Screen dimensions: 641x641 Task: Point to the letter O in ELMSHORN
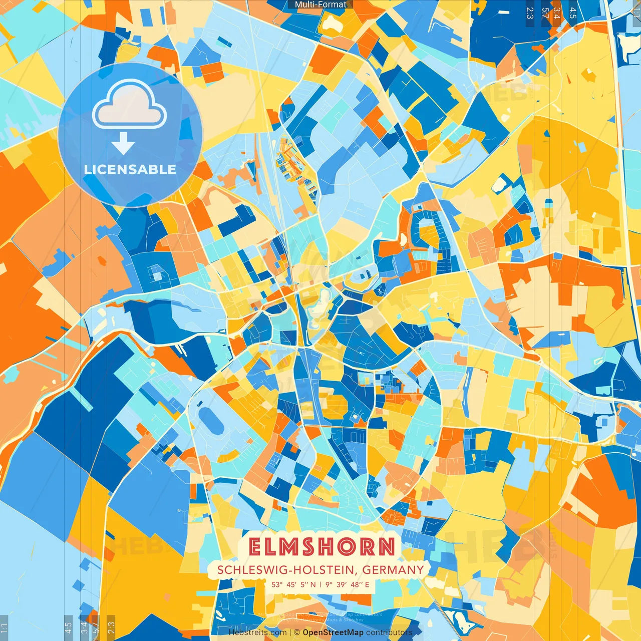354,547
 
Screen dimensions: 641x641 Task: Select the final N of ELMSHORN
386,547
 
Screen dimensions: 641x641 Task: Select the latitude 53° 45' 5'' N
294,584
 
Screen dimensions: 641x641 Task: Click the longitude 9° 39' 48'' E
347,584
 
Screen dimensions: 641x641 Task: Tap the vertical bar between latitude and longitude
320,584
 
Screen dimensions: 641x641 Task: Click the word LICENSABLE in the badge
130,169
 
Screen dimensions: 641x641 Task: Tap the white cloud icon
130,107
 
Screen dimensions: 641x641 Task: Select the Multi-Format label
320,5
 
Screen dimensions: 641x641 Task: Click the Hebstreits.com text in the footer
257,632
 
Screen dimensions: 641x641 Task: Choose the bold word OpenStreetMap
333,632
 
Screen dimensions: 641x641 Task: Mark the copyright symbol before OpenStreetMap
297,632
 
